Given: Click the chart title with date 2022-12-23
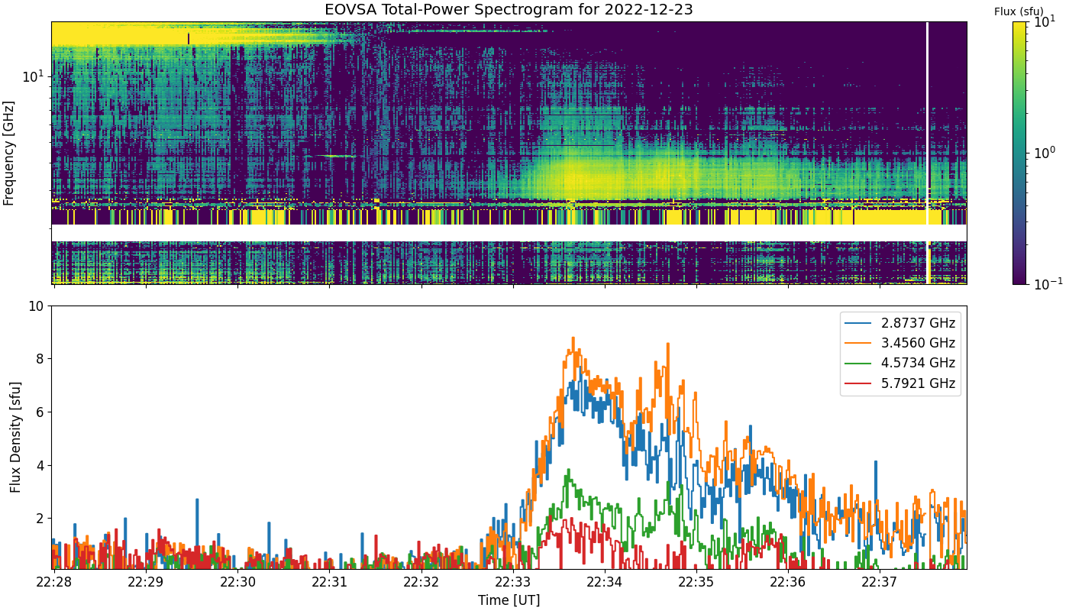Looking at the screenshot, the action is click(x=509, y=9).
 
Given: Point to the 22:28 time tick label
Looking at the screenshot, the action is click(x=54, y=582).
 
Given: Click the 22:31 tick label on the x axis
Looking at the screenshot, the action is click(x=329, y=582).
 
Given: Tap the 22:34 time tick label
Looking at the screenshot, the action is click(x=605, y=582).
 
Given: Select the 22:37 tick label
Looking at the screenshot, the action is click(x=880, y=582).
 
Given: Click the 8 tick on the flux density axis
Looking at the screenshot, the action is click(x=40, y=359).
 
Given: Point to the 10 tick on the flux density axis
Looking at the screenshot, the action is click(x=37, y=306).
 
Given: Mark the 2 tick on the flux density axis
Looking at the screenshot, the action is click(x=40, y=519).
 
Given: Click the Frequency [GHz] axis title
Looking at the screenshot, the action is click(x=8, y=154).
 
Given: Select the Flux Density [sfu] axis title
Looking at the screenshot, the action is click(x=15, y=437).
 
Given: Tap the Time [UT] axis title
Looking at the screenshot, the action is click(x=509, y=600).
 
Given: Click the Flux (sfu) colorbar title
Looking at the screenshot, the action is click(x=1019, y=11).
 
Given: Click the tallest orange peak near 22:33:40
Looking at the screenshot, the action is click(x=573, y=338).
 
